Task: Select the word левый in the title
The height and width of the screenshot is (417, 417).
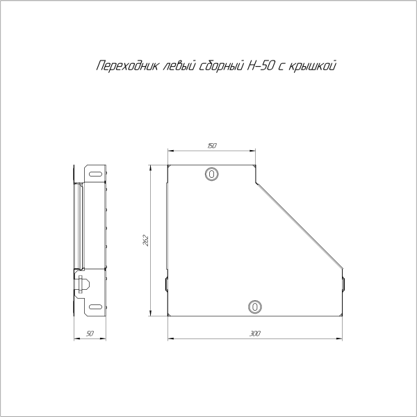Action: click(175, 67)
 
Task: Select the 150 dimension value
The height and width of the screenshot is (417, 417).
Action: click(212, 146)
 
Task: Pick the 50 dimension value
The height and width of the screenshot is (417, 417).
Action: click(90, 334)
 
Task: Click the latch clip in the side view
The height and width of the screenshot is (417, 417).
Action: click(82, 284)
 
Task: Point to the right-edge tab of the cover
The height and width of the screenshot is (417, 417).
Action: click(343, 283)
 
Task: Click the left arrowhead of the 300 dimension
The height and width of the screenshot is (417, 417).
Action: click(170, 340)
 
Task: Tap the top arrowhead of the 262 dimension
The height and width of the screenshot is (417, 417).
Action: click(153, 167)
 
